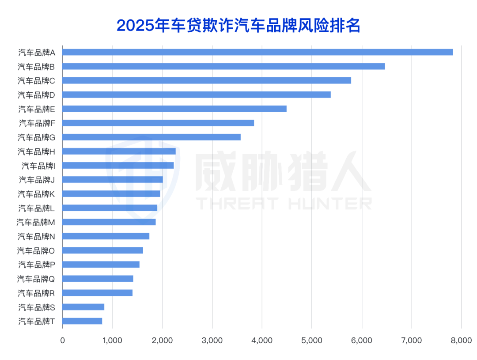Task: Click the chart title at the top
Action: [238, 26]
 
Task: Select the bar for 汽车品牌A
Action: [257, 52]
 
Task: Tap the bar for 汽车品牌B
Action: [223, 66]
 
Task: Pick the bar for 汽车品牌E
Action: [174, 109]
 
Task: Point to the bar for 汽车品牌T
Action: [82, 321]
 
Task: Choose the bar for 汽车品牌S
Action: [83, 307]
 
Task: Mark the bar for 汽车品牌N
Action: [106, 236]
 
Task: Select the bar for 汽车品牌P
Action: [101, 265]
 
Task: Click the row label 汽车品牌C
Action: [36, 80]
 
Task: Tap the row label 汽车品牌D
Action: [36, 95]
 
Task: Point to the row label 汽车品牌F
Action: [37, 123]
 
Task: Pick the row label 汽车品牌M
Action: [36, 222]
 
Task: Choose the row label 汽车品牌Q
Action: [36, 279]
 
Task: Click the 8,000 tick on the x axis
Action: [461, 340]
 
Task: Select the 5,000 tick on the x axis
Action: [311, 340]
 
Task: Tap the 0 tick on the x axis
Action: [62, 340]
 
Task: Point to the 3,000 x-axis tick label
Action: [212, 340]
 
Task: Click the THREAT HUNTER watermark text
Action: [283, 203]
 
